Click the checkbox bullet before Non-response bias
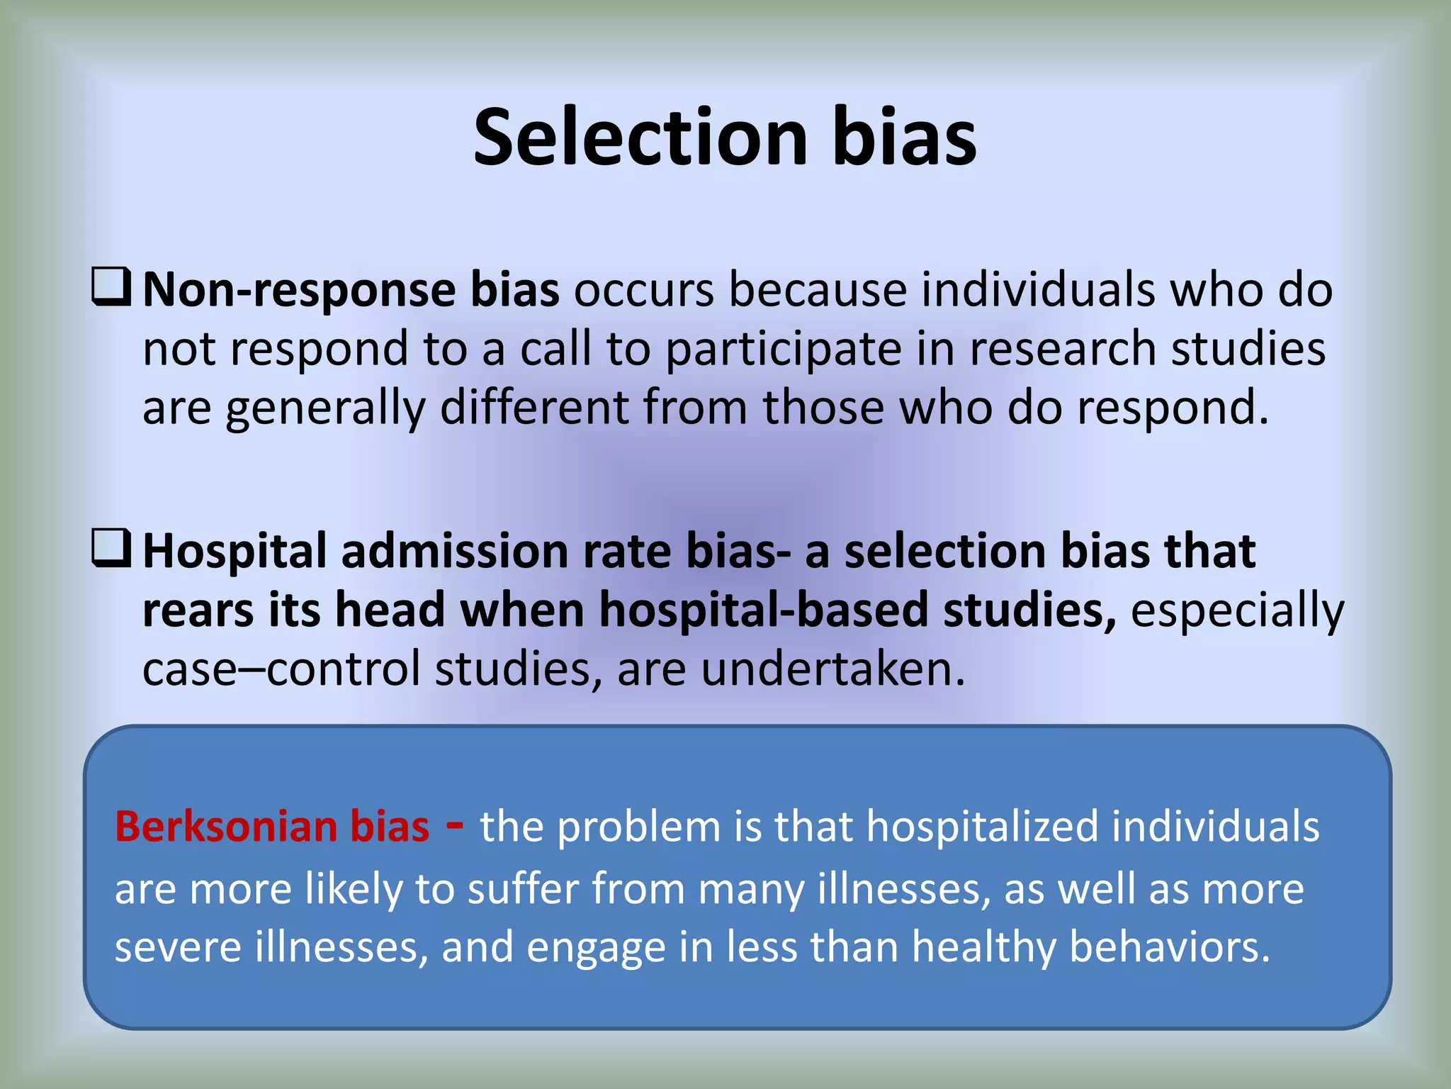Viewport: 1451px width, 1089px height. [111, 286]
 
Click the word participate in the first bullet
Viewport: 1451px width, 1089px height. [784, 350]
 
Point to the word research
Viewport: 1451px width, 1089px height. [1063, 350]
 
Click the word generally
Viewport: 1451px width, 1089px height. [326, 409]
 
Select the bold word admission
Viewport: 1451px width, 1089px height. [454, 552]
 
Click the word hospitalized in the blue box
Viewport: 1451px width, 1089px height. [982, 827]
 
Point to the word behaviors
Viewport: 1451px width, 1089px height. [1169, 947]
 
